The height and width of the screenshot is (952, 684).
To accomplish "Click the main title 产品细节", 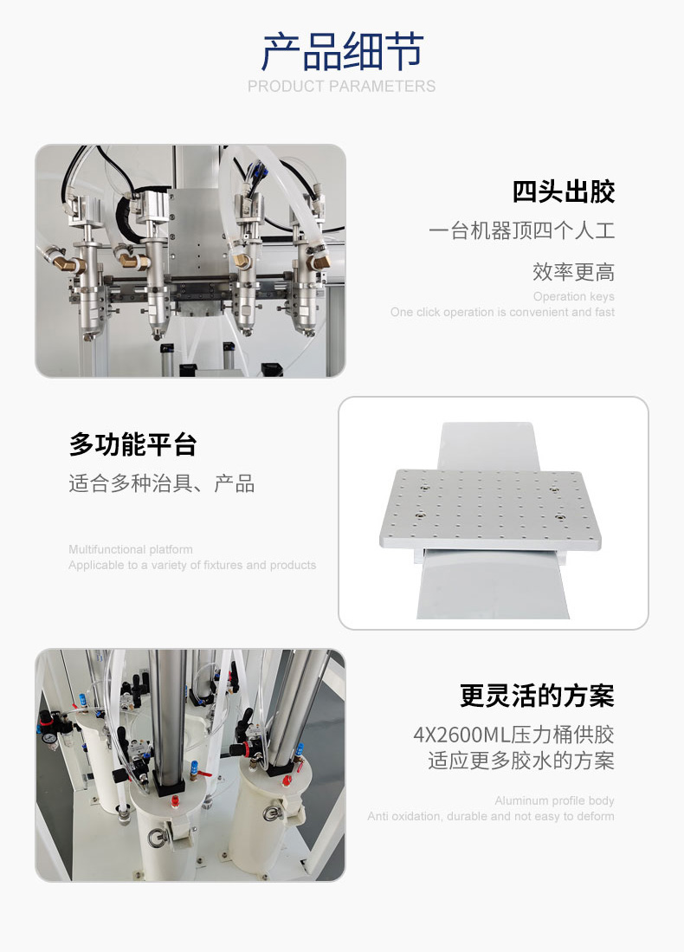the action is tap(342, 52).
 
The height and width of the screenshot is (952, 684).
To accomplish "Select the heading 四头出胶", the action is tap(564, 191).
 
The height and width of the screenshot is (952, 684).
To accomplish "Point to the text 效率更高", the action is tap(573, 271).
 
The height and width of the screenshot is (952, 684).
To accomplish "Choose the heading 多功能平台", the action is tap(133, 444).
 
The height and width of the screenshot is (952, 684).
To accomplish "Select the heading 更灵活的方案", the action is tap(537, 696).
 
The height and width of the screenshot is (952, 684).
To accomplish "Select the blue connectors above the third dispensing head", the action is tap(255, 170).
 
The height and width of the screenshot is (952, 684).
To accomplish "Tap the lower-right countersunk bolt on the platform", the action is tap(559, 517).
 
